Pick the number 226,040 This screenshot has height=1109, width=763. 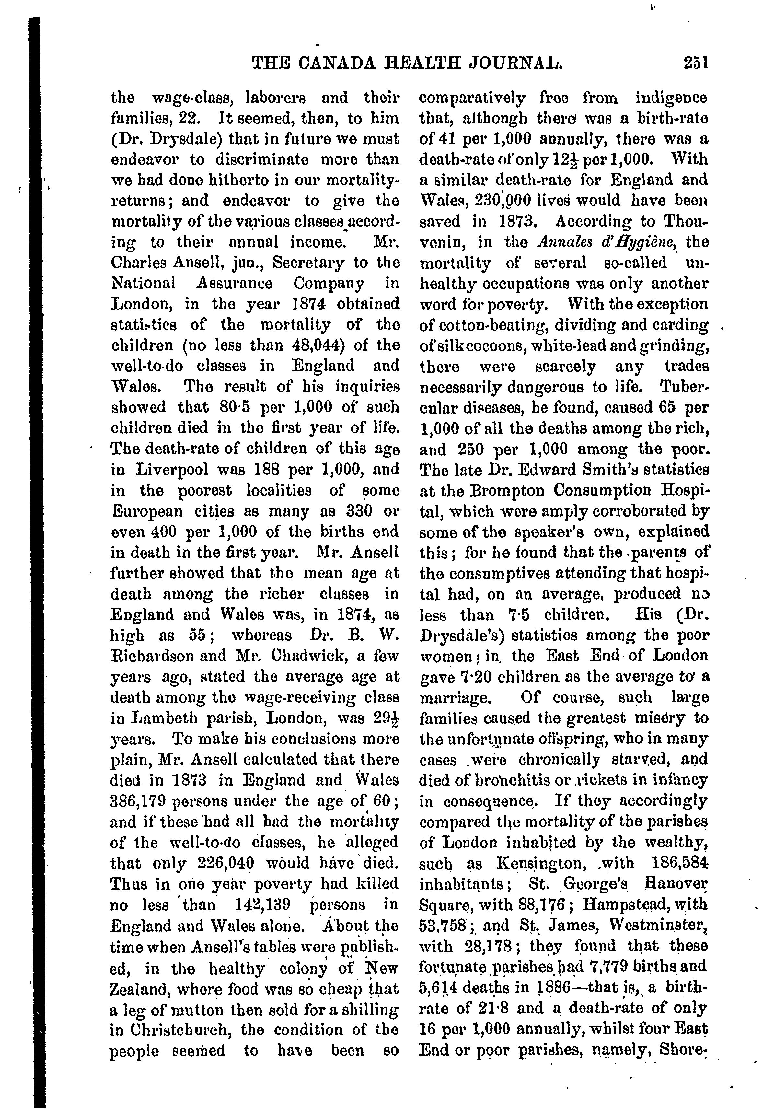coord(225,864)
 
